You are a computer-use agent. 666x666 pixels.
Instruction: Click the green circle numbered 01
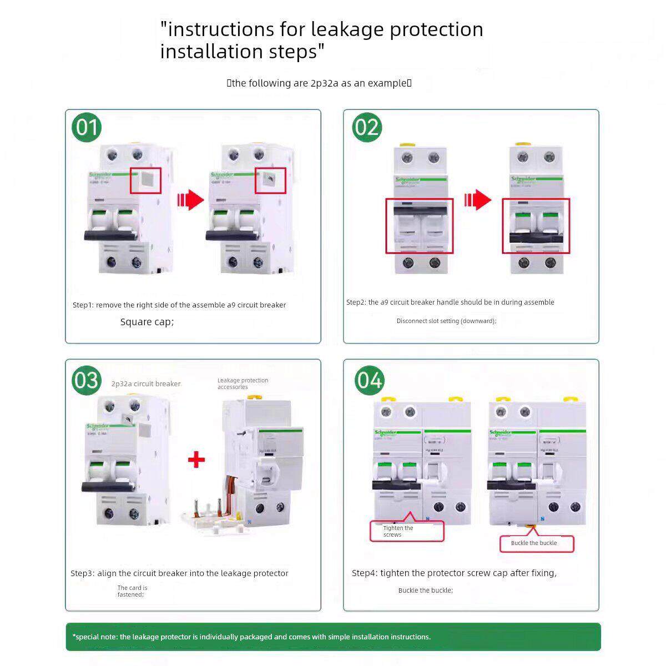(87, 127)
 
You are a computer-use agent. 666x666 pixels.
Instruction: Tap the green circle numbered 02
(366, 127)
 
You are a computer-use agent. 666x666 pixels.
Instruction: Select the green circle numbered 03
(87, 380)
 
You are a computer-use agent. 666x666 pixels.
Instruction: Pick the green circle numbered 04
(369, 380)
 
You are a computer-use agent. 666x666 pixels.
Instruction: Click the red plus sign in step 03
(196, 460)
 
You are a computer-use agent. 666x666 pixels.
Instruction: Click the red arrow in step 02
(478, 200)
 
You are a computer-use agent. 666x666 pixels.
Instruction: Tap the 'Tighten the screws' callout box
(407, 531)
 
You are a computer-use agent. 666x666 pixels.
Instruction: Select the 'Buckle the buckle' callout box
(536, 543)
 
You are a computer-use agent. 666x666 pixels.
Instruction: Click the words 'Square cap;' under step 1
(147, 322)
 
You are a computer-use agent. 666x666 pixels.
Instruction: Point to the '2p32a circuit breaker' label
(146, 384)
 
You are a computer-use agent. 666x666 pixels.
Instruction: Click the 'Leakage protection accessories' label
(243, 384)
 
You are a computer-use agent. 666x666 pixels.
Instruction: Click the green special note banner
(333, 637)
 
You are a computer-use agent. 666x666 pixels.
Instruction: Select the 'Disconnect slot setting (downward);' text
(446, 321)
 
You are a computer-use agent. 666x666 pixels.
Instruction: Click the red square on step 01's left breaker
(145, 180)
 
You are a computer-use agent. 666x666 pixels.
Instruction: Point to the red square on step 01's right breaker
(270, 180)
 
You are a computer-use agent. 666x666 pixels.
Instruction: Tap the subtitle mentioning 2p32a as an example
(319, 83)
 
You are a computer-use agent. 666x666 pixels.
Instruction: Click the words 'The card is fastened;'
(132, 591)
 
